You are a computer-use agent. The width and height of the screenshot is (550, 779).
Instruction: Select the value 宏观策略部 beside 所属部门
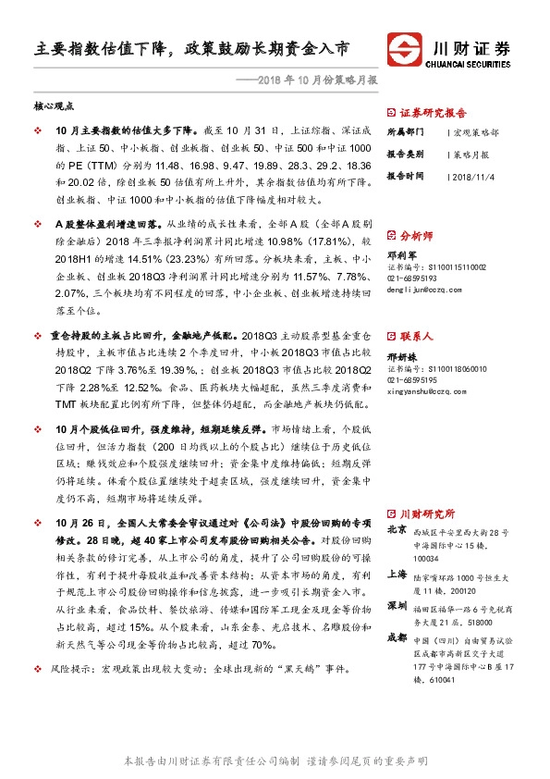478,132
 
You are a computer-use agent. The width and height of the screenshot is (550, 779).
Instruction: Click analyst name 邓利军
400,253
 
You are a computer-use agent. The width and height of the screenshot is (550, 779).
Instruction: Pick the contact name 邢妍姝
400,355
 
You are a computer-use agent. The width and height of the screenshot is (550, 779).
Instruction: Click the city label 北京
397,531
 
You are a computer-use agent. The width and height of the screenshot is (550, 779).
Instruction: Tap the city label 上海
397,575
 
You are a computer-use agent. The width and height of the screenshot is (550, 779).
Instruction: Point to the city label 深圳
397,605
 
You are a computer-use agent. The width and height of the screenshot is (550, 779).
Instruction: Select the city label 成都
397,637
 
